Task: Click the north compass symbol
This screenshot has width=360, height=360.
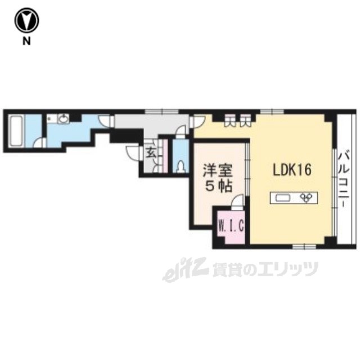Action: [x=26, y=21]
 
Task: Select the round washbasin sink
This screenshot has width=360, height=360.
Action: [x=65, y=119]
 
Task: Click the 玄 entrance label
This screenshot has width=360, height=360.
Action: [x=151, y=151]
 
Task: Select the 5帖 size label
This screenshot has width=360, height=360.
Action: [x=216, y=187]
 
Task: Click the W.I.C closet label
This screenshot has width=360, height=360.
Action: [x=231, y=227]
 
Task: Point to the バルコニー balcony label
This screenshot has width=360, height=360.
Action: [x=341, y=177]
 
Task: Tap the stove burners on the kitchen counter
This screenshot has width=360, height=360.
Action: [x=307, y=197]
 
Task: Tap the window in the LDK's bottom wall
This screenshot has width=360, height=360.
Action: [x=304, y=246]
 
